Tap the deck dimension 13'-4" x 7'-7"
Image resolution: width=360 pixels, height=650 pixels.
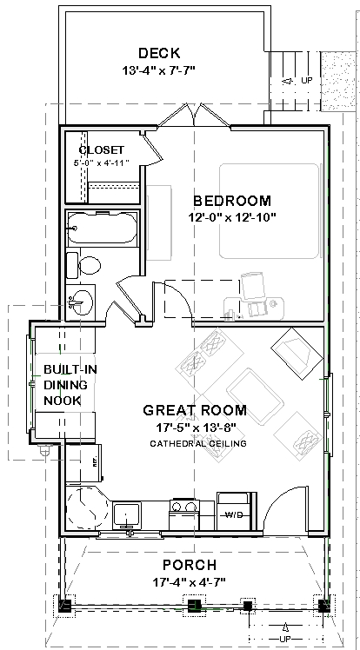click(x=158, y=70)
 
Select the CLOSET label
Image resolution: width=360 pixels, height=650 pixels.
click(x=102, y=149)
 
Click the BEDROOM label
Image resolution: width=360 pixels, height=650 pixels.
click(x=232, y=201)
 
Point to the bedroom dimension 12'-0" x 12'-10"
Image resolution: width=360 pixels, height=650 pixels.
click(x=232, y=217)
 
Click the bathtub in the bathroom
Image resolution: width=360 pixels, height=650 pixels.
click(x=102, y=229)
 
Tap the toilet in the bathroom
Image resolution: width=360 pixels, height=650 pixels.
click(x=90, y=265)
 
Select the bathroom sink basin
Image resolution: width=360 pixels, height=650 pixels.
click(x=81, y=302)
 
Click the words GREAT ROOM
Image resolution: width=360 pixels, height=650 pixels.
click(x=195, y=410)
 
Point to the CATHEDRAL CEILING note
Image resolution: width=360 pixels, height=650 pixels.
click(x=198, y=443)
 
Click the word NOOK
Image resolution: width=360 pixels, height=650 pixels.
click(x=63, y=401)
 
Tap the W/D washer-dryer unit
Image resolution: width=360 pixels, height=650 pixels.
click(x=234, y=511)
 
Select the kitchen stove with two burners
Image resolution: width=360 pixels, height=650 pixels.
click(x=184, y=514)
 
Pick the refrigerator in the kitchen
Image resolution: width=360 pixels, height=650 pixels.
click(x=83, y=463)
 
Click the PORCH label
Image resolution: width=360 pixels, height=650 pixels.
click(x=189, y=565)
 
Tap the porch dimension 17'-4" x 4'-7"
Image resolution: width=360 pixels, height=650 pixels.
click(x=189, y=582)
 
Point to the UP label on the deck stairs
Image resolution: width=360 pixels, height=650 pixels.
click(x=307, y=80)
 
